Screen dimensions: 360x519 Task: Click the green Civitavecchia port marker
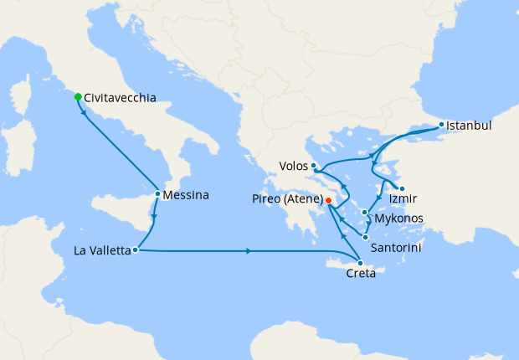tap(78, 97)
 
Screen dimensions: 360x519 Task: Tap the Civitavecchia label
tap(120, 98)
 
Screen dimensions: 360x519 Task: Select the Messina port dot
tap(157, 194)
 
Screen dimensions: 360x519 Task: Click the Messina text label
tap(187, 195)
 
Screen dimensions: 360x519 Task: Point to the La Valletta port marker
tap(135, 249)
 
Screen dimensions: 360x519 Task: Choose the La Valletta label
tap(101, 250)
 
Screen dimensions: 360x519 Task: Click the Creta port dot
tap(360, 264)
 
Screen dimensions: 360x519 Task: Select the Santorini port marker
tap(365, 238)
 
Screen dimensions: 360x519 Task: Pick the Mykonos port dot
tap(364, 211)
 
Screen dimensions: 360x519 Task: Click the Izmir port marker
tap(402, 188)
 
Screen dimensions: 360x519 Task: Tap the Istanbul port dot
tap(442, 125)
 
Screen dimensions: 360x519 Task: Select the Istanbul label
tap(469, 126)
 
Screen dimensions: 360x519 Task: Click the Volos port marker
tap(313, 166)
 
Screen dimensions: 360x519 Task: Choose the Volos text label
tap(292, 166)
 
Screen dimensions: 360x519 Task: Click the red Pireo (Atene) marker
tap(329, 201)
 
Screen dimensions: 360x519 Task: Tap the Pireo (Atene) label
tap(287, 201)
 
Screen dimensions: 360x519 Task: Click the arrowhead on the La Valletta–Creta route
tap(249, 251)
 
